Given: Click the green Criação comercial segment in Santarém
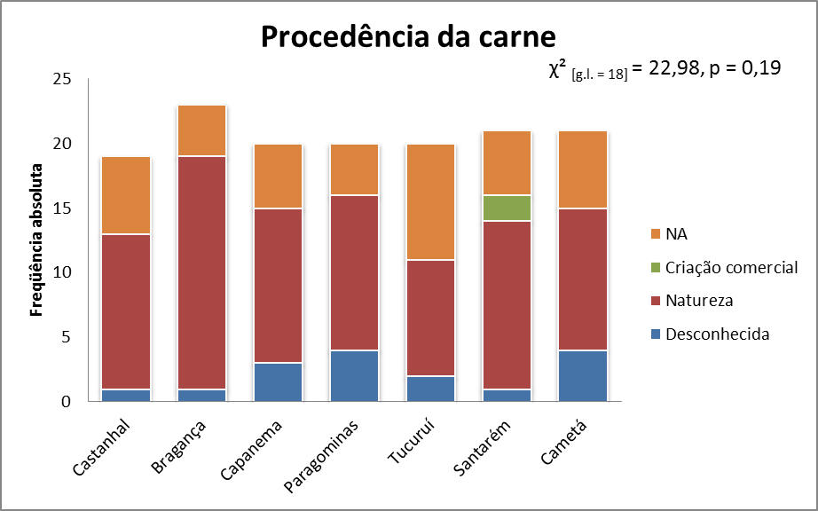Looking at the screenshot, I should click(507, 208).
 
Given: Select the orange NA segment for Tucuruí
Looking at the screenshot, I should click(430, 201).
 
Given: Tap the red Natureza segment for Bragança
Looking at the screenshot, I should click(202, 272).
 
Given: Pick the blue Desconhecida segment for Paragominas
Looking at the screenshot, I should click(354, 375).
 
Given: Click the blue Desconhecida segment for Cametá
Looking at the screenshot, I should click(582, 375).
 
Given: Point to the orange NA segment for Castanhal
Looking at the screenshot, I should click(126, 195).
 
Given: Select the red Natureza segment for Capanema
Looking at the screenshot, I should click(279, 285).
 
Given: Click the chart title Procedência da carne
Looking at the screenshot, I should click(407, 38).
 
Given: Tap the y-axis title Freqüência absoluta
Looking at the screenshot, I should click(37, 240).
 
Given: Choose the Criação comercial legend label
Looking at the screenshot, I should click(732, 268).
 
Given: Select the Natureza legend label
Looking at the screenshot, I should click(699, 301).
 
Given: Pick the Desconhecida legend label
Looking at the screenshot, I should click(717, 334).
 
